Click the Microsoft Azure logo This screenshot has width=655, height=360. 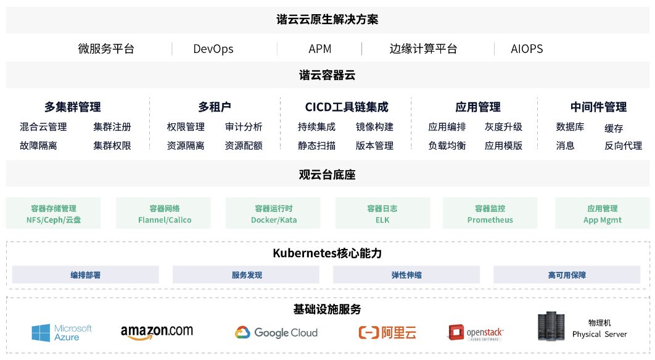pos(62,333)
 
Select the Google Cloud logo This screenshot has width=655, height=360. pos(276,333)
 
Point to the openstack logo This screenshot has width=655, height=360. pos(476,333)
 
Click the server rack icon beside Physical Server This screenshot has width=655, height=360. pos(551,327)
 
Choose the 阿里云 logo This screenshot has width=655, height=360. pos(387,333)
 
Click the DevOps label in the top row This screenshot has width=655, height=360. pos(213,49)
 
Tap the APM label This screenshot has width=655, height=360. pos(320,49)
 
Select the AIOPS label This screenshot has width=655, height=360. pos(527,49)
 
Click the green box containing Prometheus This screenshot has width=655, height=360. pos(490,213)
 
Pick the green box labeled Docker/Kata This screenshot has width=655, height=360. pos(273,213)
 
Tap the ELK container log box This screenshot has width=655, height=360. pos(382,213)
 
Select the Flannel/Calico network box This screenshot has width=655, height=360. pos(164,213)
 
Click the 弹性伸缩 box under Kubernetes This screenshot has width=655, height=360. pos(406,275)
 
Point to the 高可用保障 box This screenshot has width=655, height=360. pos(567,275)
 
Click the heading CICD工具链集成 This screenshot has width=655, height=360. pos(347,107)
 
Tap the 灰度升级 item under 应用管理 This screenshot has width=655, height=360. pos(503,127)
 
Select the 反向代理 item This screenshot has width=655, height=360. pos(623,146)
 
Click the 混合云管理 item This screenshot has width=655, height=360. pos(43,127)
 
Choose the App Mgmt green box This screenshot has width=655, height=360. pos(602,213)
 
